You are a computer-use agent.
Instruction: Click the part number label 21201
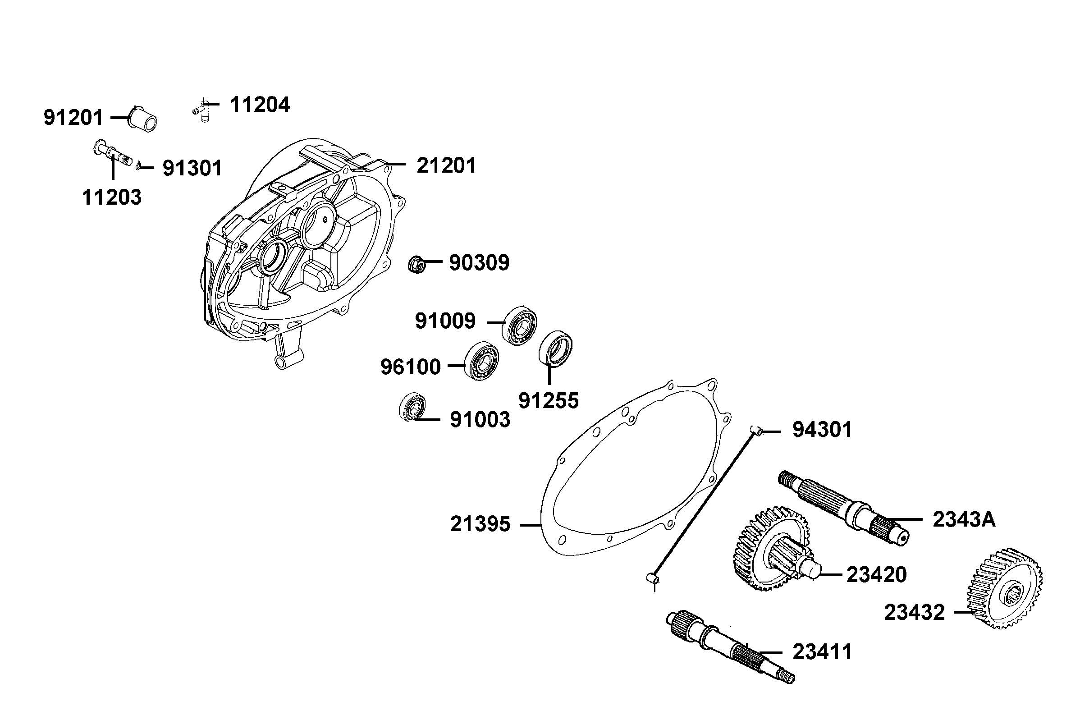click(x=446, y=165)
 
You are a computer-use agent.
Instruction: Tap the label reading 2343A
click(x=963, y=519)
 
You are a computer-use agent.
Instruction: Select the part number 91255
click(x=548, y=401)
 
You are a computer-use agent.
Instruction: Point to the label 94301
click(x=822, y=430)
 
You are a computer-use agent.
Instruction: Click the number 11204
click(x=259, y=105)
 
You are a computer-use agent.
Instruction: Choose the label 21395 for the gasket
click(x=480, y=524)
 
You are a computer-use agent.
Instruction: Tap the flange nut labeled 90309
click(x=416, y=265)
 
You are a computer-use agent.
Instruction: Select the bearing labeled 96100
click(x=482, y=362)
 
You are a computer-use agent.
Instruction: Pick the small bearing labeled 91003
click(x=411, y=406)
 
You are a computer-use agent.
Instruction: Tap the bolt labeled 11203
click(x=112, y=155)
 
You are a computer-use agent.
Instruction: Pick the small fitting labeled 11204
click(x=201, y=110)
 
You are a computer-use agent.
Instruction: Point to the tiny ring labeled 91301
click(x=138, y=167)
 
